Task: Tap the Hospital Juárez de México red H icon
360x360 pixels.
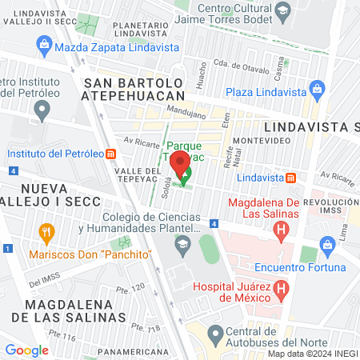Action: [x=281, y=288]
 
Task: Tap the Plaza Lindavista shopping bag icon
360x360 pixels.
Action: [x=317, y=89]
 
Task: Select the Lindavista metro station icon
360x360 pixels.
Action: [x=292, y=177]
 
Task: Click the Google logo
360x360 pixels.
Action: [x=26, y=350]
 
